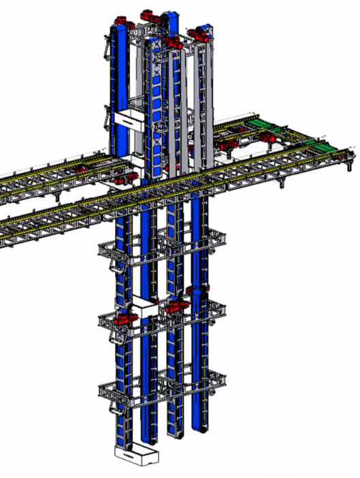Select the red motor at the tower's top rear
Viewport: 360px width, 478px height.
click(x=147, y=14)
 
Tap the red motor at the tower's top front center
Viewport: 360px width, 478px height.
click(x=171, y=42)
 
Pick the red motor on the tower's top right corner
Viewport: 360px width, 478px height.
click(x=201, y=31)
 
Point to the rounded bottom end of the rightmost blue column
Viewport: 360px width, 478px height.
click(x=200, y=428)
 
